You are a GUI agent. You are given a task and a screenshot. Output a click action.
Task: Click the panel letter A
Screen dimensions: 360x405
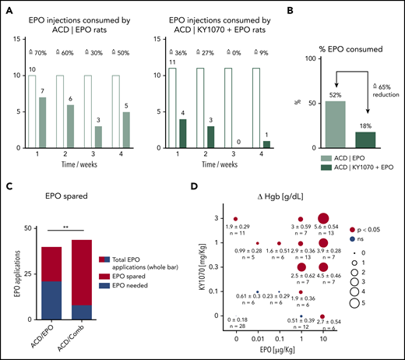6,10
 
